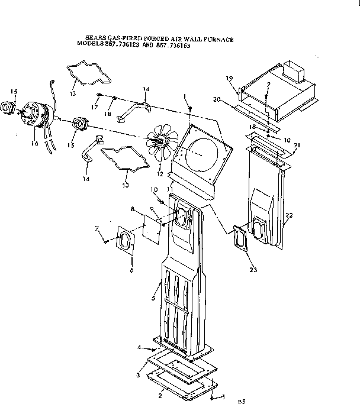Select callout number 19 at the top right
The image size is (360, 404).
click(x=230, y=78)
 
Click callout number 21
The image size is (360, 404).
click(x=296, y=146)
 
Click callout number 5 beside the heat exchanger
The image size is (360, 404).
click(x=153, y=299)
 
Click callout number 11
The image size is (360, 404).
click(x=171, y=188)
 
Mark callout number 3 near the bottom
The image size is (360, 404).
click(x=138, y=375)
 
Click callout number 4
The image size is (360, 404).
click(x=139, y=347)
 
